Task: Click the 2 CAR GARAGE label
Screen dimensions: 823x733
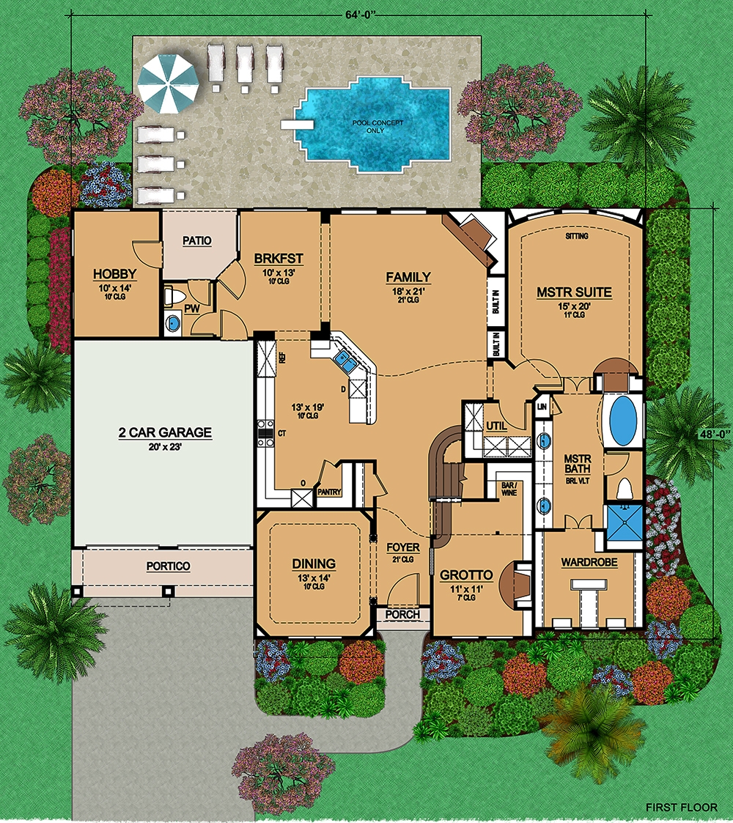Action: [165, 432]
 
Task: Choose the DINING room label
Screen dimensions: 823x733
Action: [314, 564]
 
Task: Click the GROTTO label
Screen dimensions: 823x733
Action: [465, 575]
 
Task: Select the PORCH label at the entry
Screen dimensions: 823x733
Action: [403, 614]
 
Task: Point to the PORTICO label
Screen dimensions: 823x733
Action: [168, 566]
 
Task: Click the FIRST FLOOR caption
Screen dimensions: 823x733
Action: [681, 807]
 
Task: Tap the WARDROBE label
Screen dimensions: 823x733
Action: [589, 563]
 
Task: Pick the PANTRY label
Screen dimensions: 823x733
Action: [329, 492]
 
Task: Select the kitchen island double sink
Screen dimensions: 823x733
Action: [344, 361]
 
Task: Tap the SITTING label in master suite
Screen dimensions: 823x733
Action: [577, 236]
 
